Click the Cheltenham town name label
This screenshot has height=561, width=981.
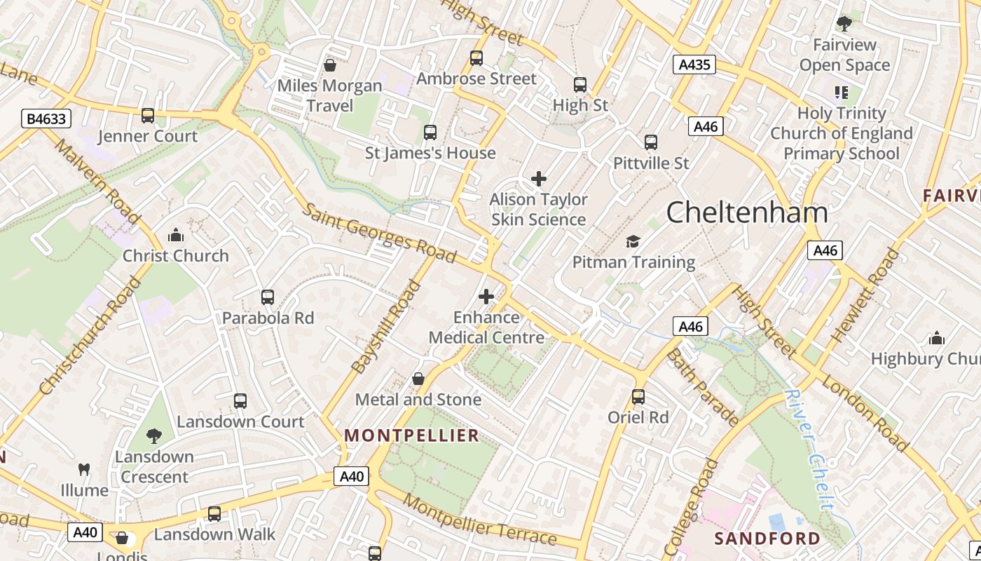(747, 212)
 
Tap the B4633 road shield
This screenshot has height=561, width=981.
(46, 119)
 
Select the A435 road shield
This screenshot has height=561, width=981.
(694, 65)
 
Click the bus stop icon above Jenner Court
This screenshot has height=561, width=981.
(148, 116)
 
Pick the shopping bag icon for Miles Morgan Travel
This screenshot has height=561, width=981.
(330, 65)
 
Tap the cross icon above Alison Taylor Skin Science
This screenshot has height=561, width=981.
(539, 179)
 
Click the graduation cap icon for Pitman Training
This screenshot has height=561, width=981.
(633, 242)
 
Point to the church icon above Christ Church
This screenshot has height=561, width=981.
(176, 235)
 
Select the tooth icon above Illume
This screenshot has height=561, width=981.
(84, 469)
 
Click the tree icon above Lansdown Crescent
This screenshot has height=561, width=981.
(154, 436)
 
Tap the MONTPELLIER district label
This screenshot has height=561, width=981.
(412, 435)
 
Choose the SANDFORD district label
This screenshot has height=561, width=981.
(767, 539)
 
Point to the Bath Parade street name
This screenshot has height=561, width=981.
(701, 386)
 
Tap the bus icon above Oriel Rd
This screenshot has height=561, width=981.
(638, 397)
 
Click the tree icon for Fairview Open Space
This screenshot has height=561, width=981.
(844, 24)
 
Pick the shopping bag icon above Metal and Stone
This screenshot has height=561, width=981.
(418, 379)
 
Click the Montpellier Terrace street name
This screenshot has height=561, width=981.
(480, 521)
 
